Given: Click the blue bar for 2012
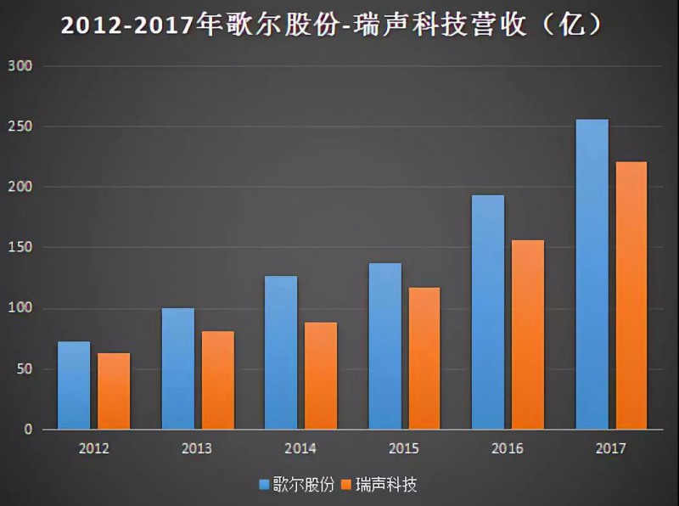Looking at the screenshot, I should coord(74,385).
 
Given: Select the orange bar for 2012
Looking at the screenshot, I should coord(114,391).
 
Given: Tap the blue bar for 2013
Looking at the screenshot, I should coord(177,368).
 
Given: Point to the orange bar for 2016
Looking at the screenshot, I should coord(528,335).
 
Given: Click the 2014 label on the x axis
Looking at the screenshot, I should coord(300,448).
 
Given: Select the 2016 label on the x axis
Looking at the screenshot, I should coord(508,448).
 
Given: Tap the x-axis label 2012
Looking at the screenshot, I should coord(93,448).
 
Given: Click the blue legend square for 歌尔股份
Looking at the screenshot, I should coord(264,486).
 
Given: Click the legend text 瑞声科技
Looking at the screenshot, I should coord(386,486).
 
